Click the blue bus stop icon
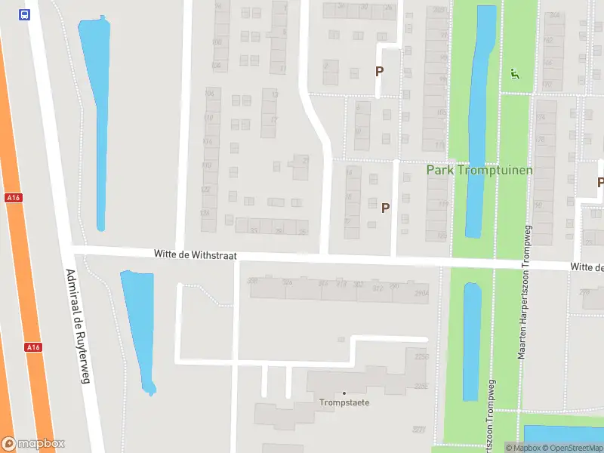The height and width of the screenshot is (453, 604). (x=25, y=15)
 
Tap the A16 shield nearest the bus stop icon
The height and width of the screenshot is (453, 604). (x=12, y=198)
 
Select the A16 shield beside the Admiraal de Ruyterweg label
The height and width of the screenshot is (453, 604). (x=32, y=347)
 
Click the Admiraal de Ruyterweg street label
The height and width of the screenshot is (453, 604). (x=77, y=327)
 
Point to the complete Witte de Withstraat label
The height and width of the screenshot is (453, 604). (x=196, y=255)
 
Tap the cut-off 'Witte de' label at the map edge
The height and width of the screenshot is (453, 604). (x=587, y=267)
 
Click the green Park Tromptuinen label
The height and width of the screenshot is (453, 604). (x=479, y=170)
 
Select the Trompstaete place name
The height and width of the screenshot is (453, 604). (x=344, y=402)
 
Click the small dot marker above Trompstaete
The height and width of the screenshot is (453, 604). (x=344, y=393)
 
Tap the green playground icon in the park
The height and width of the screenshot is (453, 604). (x=514, y=73)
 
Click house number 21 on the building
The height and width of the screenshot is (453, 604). (x=306, y=160)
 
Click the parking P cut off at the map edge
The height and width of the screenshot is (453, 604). (x=600, y=183)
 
